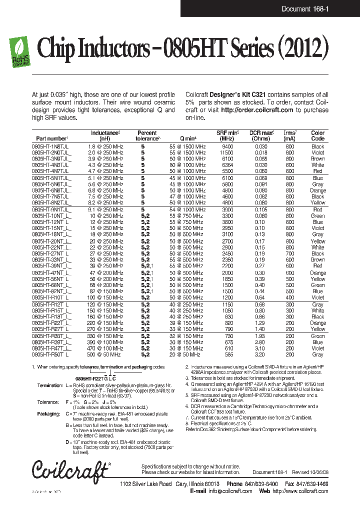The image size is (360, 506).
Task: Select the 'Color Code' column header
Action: [x=318, y=135]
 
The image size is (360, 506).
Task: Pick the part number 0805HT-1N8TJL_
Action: [x=51, y=146]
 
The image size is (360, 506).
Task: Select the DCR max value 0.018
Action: [x=260, y=152]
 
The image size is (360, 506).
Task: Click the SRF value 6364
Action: [x=227, y=164]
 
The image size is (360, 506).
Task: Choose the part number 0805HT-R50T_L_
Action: [x=51, y=354]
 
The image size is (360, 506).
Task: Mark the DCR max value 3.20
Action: [x=260, y=354]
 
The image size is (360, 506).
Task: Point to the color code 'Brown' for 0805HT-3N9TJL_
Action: [x=318, y=158]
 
